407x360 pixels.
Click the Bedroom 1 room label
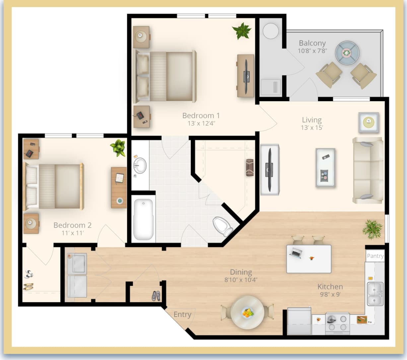(x=201, y=115)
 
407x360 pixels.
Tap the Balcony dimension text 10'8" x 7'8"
(x=312, y=51)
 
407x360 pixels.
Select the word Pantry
(x=375, y=256)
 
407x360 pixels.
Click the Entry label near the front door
(x=182, y=314)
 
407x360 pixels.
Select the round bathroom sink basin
(x=140, y=165)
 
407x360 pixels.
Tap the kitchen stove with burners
(x=337, y=323)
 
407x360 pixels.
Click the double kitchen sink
(x=375, y=294)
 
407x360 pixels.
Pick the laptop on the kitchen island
(x=296, y=253)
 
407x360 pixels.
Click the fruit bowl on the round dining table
(x=247, y=312)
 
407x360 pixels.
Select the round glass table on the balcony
(x=347, y=53)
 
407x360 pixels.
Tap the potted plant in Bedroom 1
(x=242, y=31)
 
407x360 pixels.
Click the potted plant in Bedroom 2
(x=118, y=147)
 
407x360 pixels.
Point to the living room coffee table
(x=325, y=168)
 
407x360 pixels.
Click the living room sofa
(x=368, y=170)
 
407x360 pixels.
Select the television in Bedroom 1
(x=247, y=76)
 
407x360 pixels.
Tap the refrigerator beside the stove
(x=299, y=321)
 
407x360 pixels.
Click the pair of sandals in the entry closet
(x=156, y=295)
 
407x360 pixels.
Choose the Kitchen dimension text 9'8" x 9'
(x=330, y=294)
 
